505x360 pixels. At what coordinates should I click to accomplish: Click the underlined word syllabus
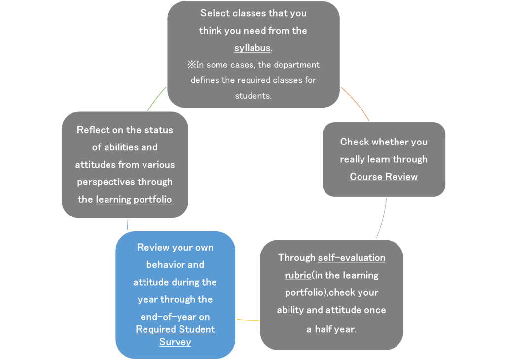click(x=252, y=48)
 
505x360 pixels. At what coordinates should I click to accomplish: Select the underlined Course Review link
click(x=384, y=177)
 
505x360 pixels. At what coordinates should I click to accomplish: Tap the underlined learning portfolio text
click(x=134, y=200)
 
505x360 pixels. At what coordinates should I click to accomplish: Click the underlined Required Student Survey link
click(x=175, y=335)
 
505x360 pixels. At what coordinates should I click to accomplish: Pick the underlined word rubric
click(x=298, y=275)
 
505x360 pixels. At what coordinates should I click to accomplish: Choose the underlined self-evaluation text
click(x=351, y=258)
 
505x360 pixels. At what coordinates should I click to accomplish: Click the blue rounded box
click(x=175, y=294)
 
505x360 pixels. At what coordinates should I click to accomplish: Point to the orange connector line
click(x=355, y=103)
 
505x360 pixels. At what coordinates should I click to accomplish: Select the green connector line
click(x=156, y=98)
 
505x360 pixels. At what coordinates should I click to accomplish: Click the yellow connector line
click(x=248, y=320)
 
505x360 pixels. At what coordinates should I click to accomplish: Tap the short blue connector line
click(x=127, y=225)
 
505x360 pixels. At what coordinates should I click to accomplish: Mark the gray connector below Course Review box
click(x=382, y=218)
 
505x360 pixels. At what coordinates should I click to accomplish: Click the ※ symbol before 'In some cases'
click(x=192, y=65)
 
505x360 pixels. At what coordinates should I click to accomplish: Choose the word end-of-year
click(x=168, y=317)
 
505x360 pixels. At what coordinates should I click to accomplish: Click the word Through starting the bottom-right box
click(x=296, y=258)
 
